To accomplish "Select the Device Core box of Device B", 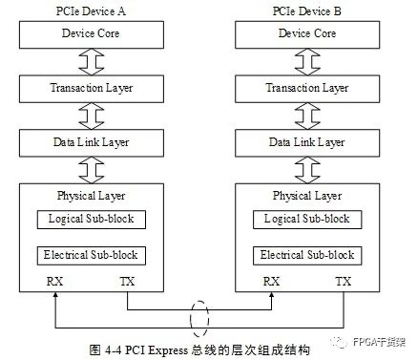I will (306, 35).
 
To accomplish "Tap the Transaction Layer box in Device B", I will (306, 89).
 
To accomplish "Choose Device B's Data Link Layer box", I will (306, 143).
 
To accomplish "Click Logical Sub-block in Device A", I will (93, 220).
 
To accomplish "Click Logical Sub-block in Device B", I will (306, 220).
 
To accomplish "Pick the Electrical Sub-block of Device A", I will (93, 256).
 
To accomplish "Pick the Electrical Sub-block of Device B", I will (306, 256).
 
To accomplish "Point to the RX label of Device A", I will (54, 283).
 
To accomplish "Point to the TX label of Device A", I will (127, 283).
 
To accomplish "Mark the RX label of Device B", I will (271, 283).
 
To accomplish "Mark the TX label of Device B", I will (342, 283).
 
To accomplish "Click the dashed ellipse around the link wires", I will (199, 317).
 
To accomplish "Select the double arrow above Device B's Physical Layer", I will (306, 170).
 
